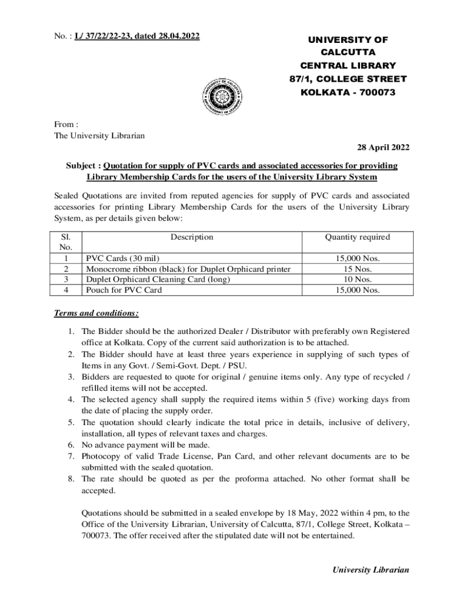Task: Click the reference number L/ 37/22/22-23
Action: [x=108, y=36]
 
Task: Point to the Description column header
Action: [x=192, y=238]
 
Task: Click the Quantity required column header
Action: [x=358, y=238]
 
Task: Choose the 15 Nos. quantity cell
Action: [x=358, y=269]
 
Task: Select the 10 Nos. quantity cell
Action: [x=358, y=280]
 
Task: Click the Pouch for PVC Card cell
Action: [x=124, y=290]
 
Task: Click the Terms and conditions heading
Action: [x=96, y=313]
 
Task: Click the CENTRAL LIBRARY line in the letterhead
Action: [x=348, y=66]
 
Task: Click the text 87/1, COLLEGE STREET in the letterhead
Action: [x=348, y=79]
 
